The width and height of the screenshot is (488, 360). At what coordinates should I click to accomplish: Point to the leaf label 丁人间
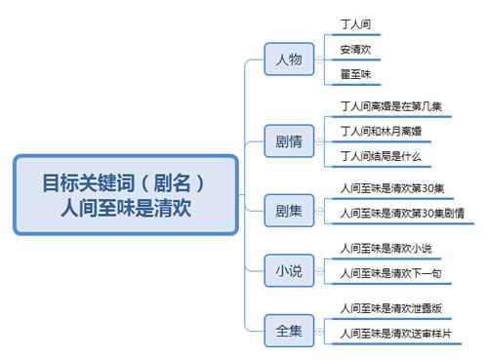(355, 22)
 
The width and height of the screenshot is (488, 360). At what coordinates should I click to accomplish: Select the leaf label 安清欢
(355, 49)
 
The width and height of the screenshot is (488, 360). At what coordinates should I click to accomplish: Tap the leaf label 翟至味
(355, 74)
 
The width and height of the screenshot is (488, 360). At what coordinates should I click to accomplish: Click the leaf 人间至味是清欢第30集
(391, 188)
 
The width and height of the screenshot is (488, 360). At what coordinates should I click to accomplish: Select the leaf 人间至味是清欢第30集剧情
(401, 213)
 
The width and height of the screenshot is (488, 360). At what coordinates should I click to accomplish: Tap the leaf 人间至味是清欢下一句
(394, 273)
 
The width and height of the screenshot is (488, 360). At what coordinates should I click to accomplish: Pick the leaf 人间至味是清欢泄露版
(394, 308)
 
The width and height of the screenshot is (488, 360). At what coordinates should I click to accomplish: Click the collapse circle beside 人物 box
(319, 60)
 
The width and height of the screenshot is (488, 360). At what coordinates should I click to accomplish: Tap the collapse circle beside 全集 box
(319, 331)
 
